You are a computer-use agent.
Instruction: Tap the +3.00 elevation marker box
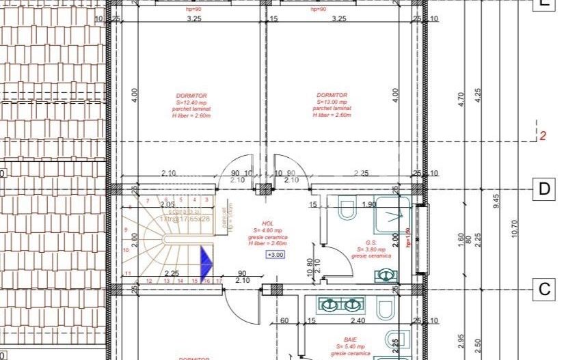(275, 255)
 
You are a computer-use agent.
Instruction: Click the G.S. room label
(372, 243)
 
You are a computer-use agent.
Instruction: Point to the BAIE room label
(351, 340)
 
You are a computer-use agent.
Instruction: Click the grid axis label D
(544, 189)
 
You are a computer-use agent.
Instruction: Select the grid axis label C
(544, 289)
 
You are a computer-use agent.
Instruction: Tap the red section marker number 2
(543, 136)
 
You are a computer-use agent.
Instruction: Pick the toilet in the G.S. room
(346, 209)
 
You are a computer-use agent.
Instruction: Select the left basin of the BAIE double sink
(330, 305)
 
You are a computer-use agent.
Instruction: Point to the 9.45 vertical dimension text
(497, 201)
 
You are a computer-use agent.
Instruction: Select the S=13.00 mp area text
(332, 102)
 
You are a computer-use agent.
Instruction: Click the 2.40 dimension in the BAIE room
(358, 320)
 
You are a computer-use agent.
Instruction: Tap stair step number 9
(126, 230)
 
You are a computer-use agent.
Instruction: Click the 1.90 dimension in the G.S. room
(369, 204)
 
